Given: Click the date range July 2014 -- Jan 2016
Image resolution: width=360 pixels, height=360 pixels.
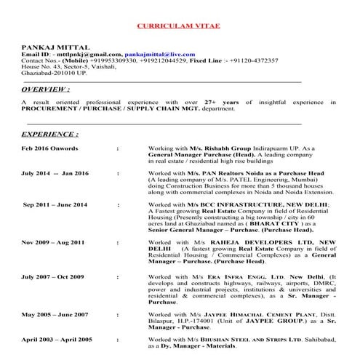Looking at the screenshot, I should coord(55,175).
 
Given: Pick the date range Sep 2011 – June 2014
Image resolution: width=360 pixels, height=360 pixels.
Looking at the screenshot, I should coord(55,205).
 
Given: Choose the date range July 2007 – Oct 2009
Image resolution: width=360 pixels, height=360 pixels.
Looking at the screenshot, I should coord(54,277).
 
